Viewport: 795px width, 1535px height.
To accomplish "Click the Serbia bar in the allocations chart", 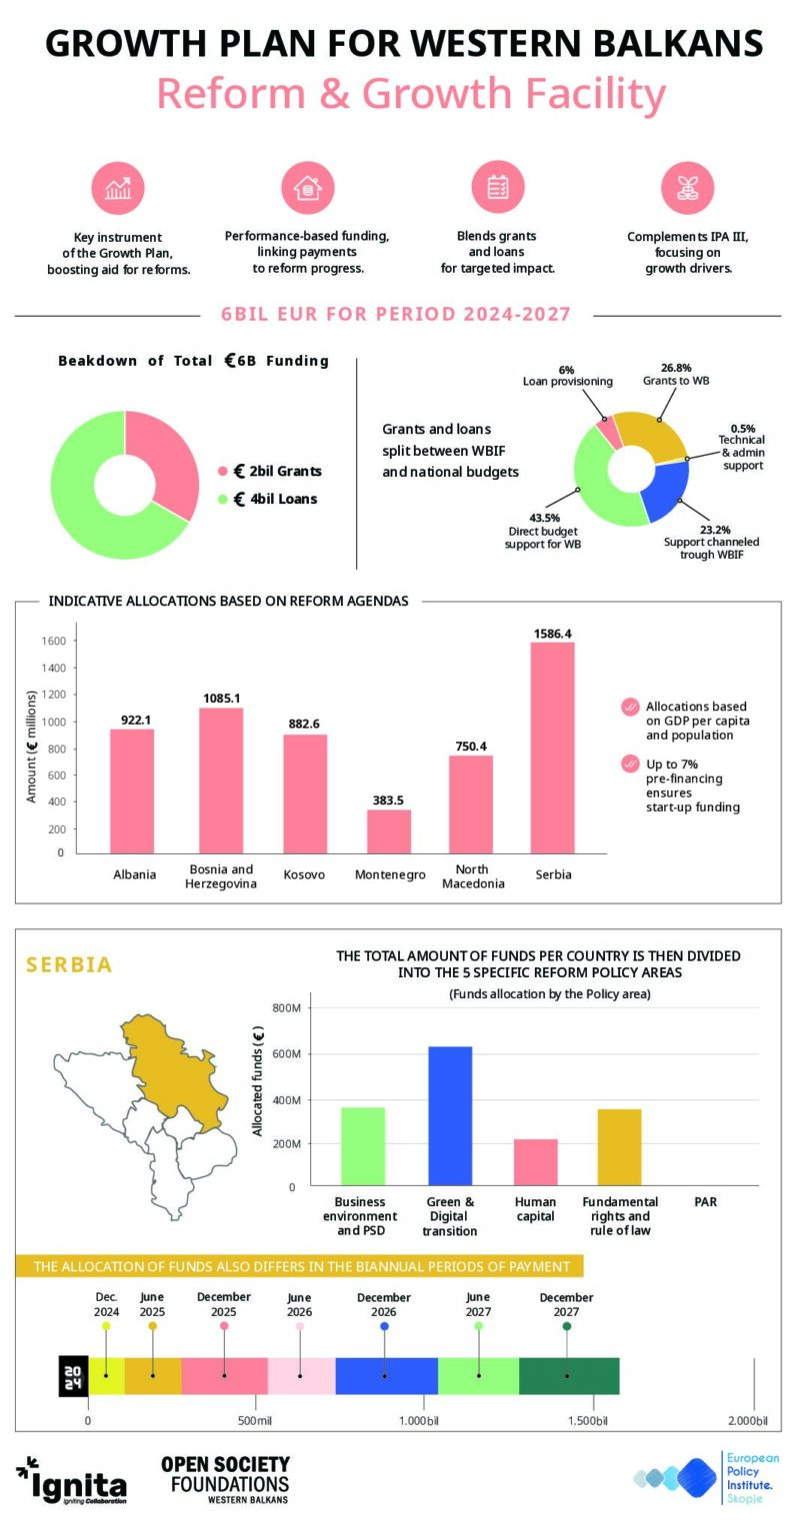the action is pos(552,748).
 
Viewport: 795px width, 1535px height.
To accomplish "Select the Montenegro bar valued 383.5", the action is pos(388,831).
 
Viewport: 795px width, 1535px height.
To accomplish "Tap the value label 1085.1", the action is pos(222,699).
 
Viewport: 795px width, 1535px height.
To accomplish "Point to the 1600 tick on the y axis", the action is pos(53,641).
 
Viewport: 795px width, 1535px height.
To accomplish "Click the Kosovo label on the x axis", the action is pos(304,874).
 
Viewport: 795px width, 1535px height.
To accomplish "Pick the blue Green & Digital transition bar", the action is pos(450,1115).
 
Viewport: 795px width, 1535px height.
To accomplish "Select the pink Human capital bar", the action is pos(535,1162).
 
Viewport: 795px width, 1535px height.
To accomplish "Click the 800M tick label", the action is pos(286,1008).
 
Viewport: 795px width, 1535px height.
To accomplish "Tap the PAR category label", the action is pos(705,1202).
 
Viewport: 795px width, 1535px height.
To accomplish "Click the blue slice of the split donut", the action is pos(664,490).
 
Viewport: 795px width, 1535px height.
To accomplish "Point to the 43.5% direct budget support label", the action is pos(543,531).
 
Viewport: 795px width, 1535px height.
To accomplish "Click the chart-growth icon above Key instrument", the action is pos(118,188).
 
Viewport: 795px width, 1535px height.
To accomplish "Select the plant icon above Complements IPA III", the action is pos(687,188).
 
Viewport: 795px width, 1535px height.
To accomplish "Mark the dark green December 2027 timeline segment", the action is pos(569,1375).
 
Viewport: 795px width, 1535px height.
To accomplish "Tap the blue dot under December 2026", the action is pos(384,1326).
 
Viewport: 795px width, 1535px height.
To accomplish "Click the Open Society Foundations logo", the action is pos(226,1479).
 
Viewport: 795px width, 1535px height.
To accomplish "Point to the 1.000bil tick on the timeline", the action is pos(418,1420).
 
